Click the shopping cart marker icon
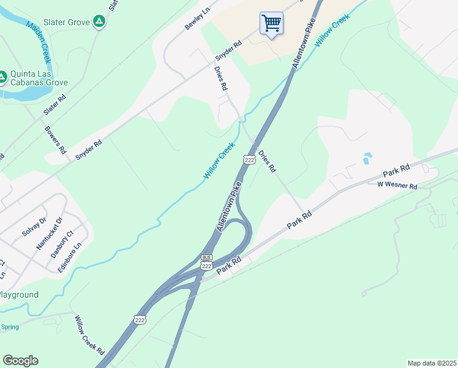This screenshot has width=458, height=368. [x=271, y=24]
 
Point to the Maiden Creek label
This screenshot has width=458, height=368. [x=39, y=42]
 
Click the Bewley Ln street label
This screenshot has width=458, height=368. [x=197, y=20]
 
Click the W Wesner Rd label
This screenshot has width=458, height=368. [x=397, y=185]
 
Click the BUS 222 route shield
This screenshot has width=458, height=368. [x=206, y=261]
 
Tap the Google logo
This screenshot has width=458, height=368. [x=20, y=361]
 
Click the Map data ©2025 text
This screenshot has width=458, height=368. [x=431, y=363]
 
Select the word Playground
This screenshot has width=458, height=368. [x=18, y=295]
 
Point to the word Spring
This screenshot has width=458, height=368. [x=10, y=327]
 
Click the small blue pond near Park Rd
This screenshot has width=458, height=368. [x=366, y=158]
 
